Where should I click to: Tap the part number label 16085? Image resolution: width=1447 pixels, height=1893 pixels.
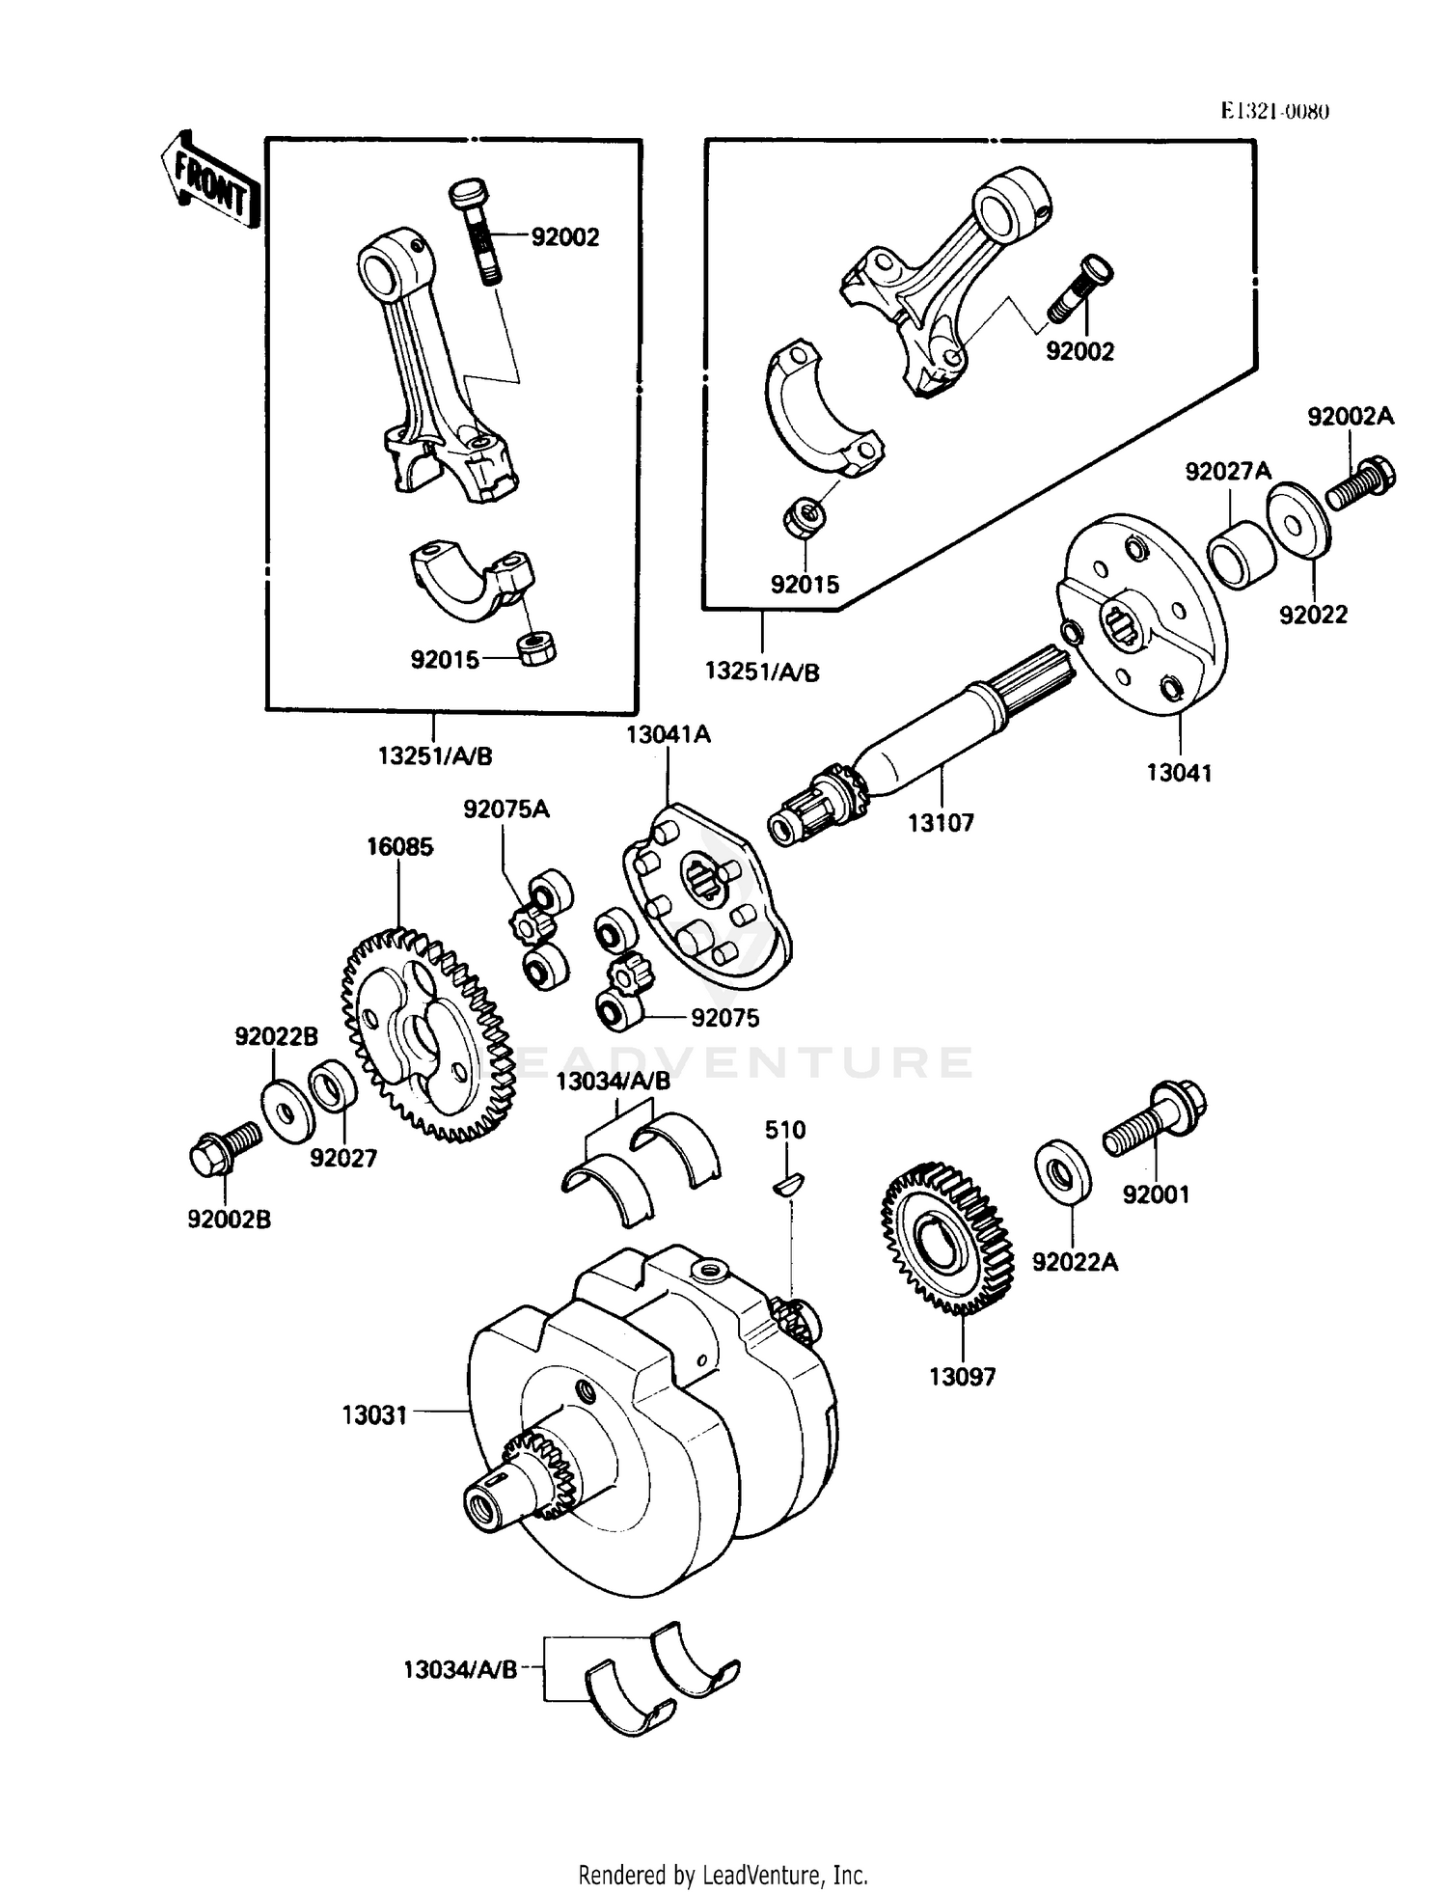(399, 847)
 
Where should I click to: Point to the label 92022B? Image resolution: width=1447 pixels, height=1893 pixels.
(276, 1036)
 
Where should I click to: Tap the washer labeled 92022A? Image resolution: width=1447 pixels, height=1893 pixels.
(1063, 1173)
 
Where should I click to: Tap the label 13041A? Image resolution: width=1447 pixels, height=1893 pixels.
(668, 734)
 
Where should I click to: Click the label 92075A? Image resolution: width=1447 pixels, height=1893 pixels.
(505, 809)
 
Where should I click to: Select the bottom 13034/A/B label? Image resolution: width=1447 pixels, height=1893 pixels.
(460, 1669)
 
